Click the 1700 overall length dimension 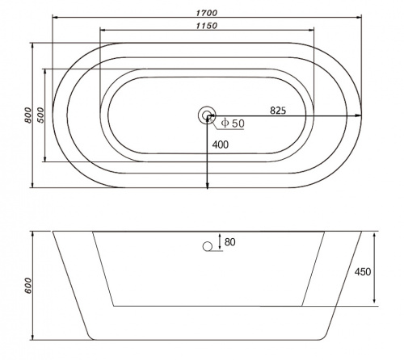pyautogui.click(x=207, y=13)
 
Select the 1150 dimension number pyautogui.click(x=207, y=26)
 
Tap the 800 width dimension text pyautogui.click(x=27, y=115)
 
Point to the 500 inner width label pyautogui.click(x=40, y=115)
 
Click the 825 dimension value pyautogui.click(x=278, y=111)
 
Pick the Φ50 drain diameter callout pyautogui.click(x=233, y=123)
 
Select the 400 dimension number pyautogui.click(x=221, y=144)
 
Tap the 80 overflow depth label pyautogui.click(x=229, y=242)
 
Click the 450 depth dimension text pyautogui.click(x=363, y=272)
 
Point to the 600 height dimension pyautogui.click(x=28, y=286)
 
